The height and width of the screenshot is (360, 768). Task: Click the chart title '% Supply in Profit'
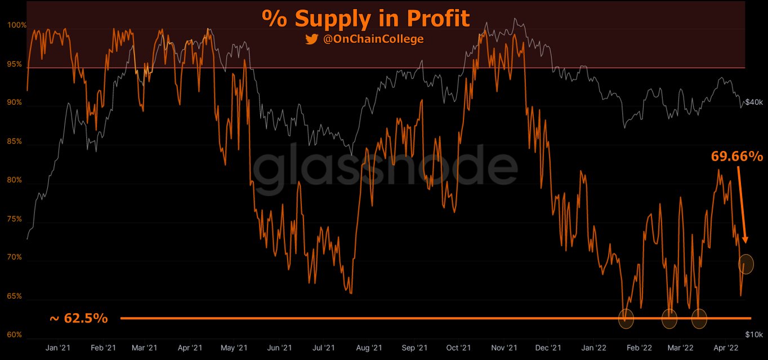pos(365,19)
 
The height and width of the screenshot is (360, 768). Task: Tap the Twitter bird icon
pos(311,39)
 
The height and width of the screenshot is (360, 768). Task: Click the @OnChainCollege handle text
pos(373,39)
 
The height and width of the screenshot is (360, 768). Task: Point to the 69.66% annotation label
pos(736,156)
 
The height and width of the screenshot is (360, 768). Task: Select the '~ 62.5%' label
pos(78,318)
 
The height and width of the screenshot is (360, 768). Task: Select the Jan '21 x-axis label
pos(57,348)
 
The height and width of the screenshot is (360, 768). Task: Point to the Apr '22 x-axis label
pos(726,348)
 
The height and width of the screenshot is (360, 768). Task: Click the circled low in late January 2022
pos(626,319)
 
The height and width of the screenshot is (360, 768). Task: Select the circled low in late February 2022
pos(669,319)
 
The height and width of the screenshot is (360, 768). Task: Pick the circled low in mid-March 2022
pos(699,319)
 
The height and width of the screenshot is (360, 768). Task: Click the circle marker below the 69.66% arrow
pos(745,264)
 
